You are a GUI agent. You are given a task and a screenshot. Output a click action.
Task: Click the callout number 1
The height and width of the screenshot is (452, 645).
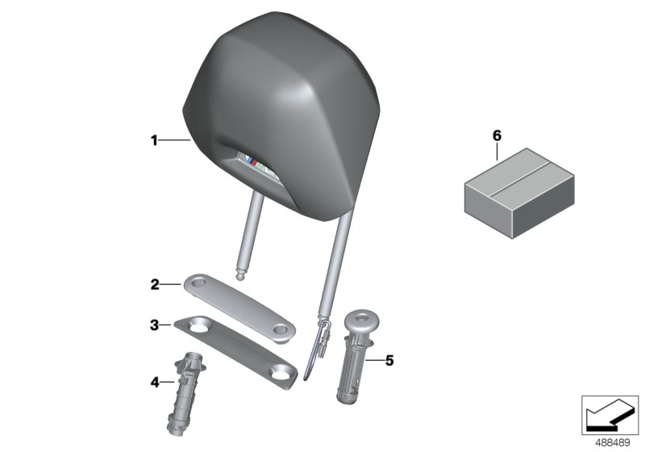[154, 140]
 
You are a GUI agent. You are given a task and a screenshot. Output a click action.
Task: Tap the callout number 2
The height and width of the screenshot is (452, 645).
[155, 284]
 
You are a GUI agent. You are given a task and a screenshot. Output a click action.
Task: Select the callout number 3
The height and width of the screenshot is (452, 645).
[154, 325]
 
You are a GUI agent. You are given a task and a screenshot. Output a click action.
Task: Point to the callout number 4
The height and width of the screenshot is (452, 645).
[155, 383]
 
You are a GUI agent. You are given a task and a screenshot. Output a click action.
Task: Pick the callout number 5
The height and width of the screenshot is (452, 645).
[389, 361]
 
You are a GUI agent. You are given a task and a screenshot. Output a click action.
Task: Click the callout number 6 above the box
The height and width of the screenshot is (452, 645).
[497, 136]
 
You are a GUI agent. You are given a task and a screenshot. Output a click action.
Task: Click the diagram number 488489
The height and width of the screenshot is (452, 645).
[613, 443]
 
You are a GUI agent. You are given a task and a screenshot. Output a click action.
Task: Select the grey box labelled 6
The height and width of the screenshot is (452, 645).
[519, 193]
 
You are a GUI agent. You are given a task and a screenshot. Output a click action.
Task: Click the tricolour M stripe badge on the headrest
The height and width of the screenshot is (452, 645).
[252, 161]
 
